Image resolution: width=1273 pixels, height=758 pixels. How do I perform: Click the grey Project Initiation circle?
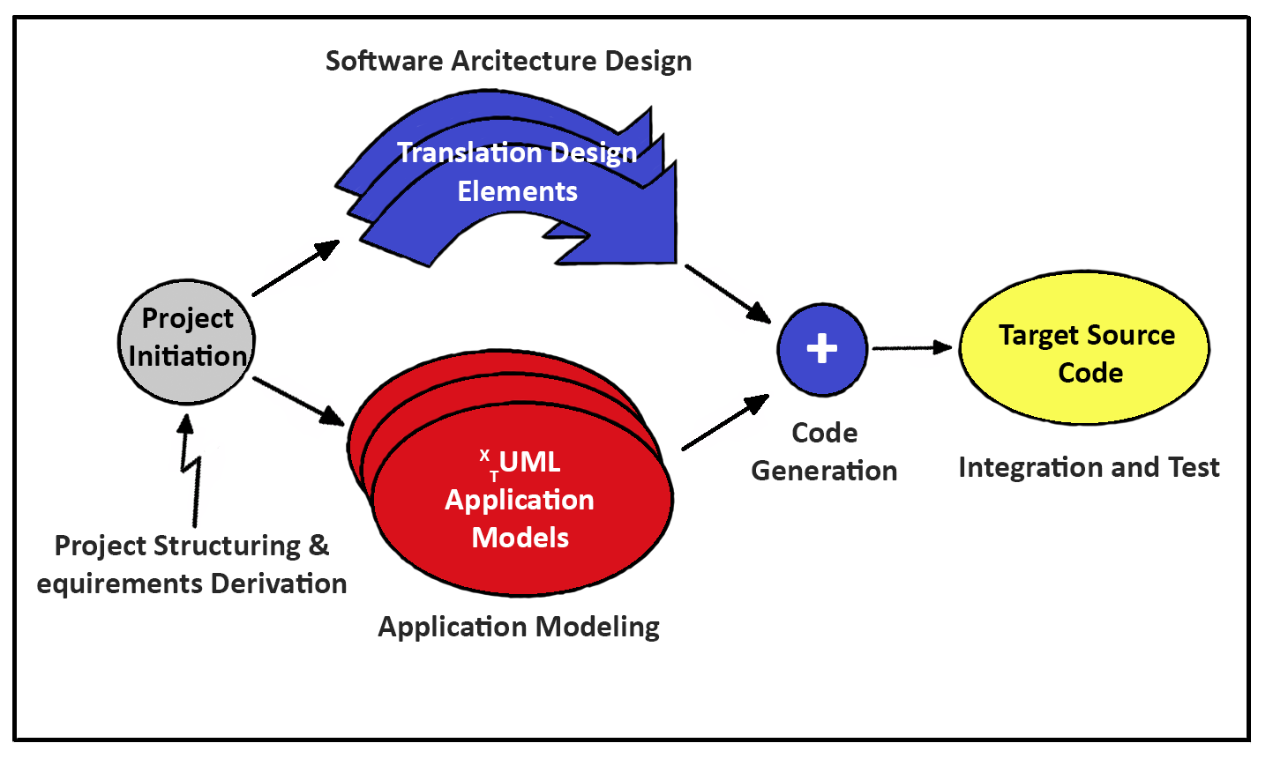tap(187, 341)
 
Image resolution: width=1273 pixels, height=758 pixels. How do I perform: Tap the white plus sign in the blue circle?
tap(822, 348)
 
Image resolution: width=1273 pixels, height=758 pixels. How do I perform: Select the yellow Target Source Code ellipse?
tap(1085, 348)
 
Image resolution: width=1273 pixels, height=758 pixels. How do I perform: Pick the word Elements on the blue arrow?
tap(517, 191)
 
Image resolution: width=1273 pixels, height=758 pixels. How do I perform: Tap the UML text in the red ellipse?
tap(528, 462)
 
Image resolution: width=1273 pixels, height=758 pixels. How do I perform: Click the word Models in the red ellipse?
tap(520, 537)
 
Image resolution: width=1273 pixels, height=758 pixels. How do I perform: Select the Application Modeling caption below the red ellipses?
tap(519, 627)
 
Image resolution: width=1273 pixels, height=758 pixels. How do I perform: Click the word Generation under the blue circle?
tap(824, 471)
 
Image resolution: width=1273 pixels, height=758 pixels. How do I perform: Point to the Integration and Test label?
tap(1089, 467)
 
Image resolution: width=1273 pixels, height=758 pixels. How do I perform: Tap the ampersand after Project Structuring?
tap(318, 546)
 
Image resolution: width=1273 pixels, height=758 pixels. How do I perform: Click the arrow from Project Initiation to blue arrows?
tap(295, 268)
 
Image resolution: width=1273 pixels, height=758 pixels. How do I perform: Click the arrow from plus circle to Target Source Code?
tap(912, 348)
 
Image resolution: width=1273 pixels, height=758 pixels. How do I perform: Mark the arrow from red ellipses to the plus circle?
tap(725, 423)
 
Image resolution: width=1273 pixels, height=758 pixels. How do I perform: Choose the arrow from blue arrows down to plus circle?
tap(728, 293)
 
